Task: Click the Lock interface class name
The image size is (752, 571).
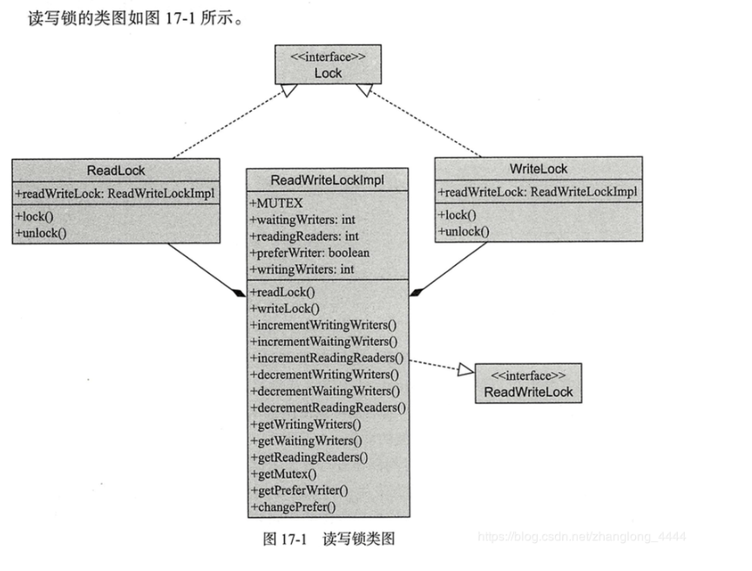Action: (329, 73)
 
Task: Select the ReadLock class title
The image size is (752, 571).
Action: (116, 170)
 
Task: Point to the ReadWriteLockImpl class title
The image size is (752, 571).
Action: (328, 180)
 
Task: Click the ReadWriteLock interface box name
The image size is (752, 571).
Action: (529, 391)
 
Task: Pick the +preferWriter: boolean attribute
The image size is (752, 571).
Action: (309, 253)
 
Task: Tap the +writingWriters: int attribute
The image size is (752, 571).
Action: (301, 269)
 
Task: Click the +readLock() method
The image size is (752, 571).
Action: (282, 292)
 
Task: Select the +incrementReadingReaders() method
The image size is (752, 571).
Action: (327, 358)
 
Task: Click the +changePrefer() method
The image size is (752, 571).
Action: (294, 506)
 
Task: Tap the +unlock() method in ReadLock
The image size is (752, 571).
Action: (41, 233)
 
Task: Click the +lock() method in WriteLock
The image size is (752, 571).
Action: (457, 214)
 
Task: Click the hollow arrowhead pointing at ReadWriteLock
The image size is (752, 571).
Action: (464, 370)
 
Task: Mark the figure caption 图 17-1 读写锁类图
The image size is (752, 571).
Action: (329, 539)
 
